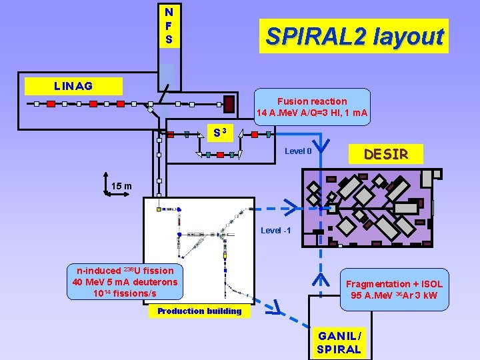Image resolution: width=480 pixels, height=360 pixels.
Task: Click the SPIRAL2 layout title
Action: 354,36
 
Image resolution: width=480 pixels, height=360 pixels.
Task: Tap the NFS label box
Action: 169,26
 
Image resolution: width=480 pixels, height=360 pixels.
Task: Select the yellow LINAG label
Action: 73,86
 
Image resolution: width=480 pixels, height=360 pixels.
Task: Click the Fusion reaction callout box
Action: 312,107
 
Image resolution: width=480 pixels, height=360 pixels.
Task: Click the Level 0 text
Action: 298,151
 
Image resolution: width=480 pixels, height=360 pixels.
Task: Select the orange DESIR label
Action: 385,155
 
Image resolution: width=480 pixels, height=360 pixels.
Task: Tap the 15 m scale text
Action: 121,185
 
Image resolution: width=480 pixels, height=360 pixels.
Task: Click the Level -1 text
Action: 276,231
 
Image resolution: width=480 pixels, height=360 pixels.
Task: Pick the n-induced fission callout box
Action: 125,282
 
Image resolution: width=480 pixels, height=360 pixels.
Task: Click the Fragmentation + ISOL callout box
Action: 394,289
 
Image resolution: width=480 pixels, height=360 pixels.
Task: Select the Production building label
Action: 199,311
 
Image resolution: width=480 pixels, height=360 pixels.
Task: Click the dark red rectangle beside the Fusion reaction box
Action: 229,104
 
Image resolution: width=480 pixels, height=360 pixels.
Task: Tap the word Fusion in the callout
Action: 292,101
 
